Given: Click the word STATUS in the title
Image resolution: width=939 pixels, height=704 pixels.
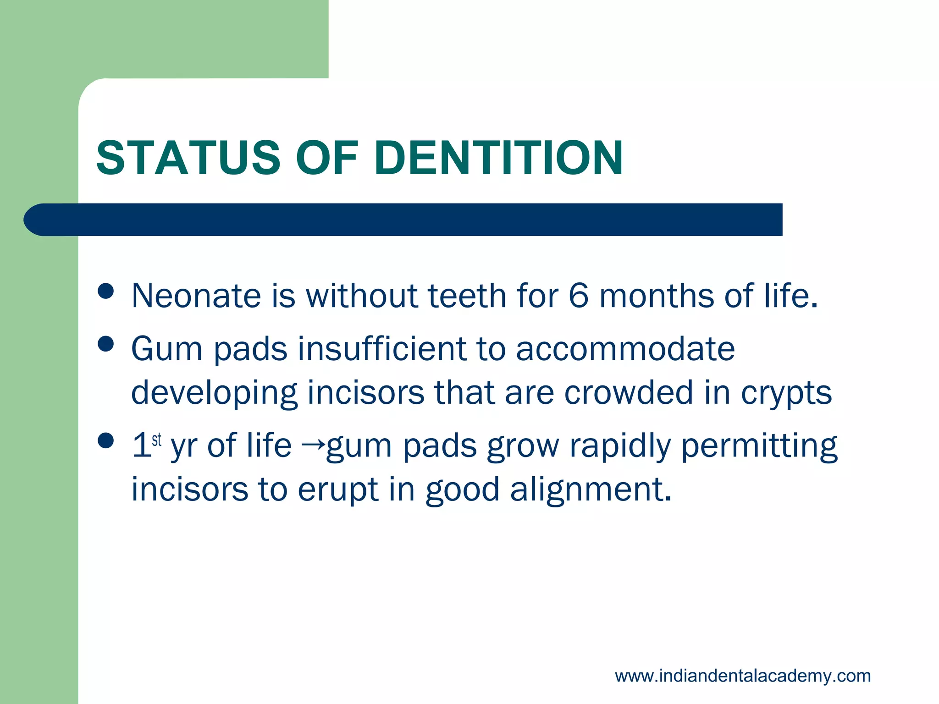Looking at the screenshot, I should click(188, 158).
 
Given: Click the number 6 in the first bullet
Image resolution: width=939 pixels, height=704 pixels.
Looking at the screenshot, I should click(578, 296).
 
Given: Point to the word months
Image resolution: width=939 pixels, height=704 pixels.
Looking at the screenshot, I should click(657, 296).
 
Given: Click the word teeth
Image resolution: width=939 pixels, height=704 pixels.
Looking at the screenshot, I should click(466, 296).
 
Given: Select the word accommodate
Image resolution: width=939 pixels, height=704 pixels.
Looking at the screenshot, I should click(625, 349).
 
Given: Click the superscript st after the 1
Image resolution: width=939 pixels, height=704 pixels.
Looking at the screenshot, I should click(157, 440).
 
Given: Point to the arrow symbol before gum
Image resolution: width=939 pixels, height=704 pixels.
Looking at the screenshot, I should click(314, 444).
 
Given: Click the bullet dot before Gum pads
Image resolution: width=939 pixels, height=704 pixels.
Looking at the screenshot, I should click(106, 344).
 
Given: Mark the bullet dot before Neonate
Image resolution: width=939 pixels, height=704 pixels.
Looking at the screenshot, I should click(106, 291).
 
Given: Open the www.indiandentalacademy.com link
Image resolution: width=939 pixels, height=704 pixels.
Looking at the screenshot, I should click(742, 676).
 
